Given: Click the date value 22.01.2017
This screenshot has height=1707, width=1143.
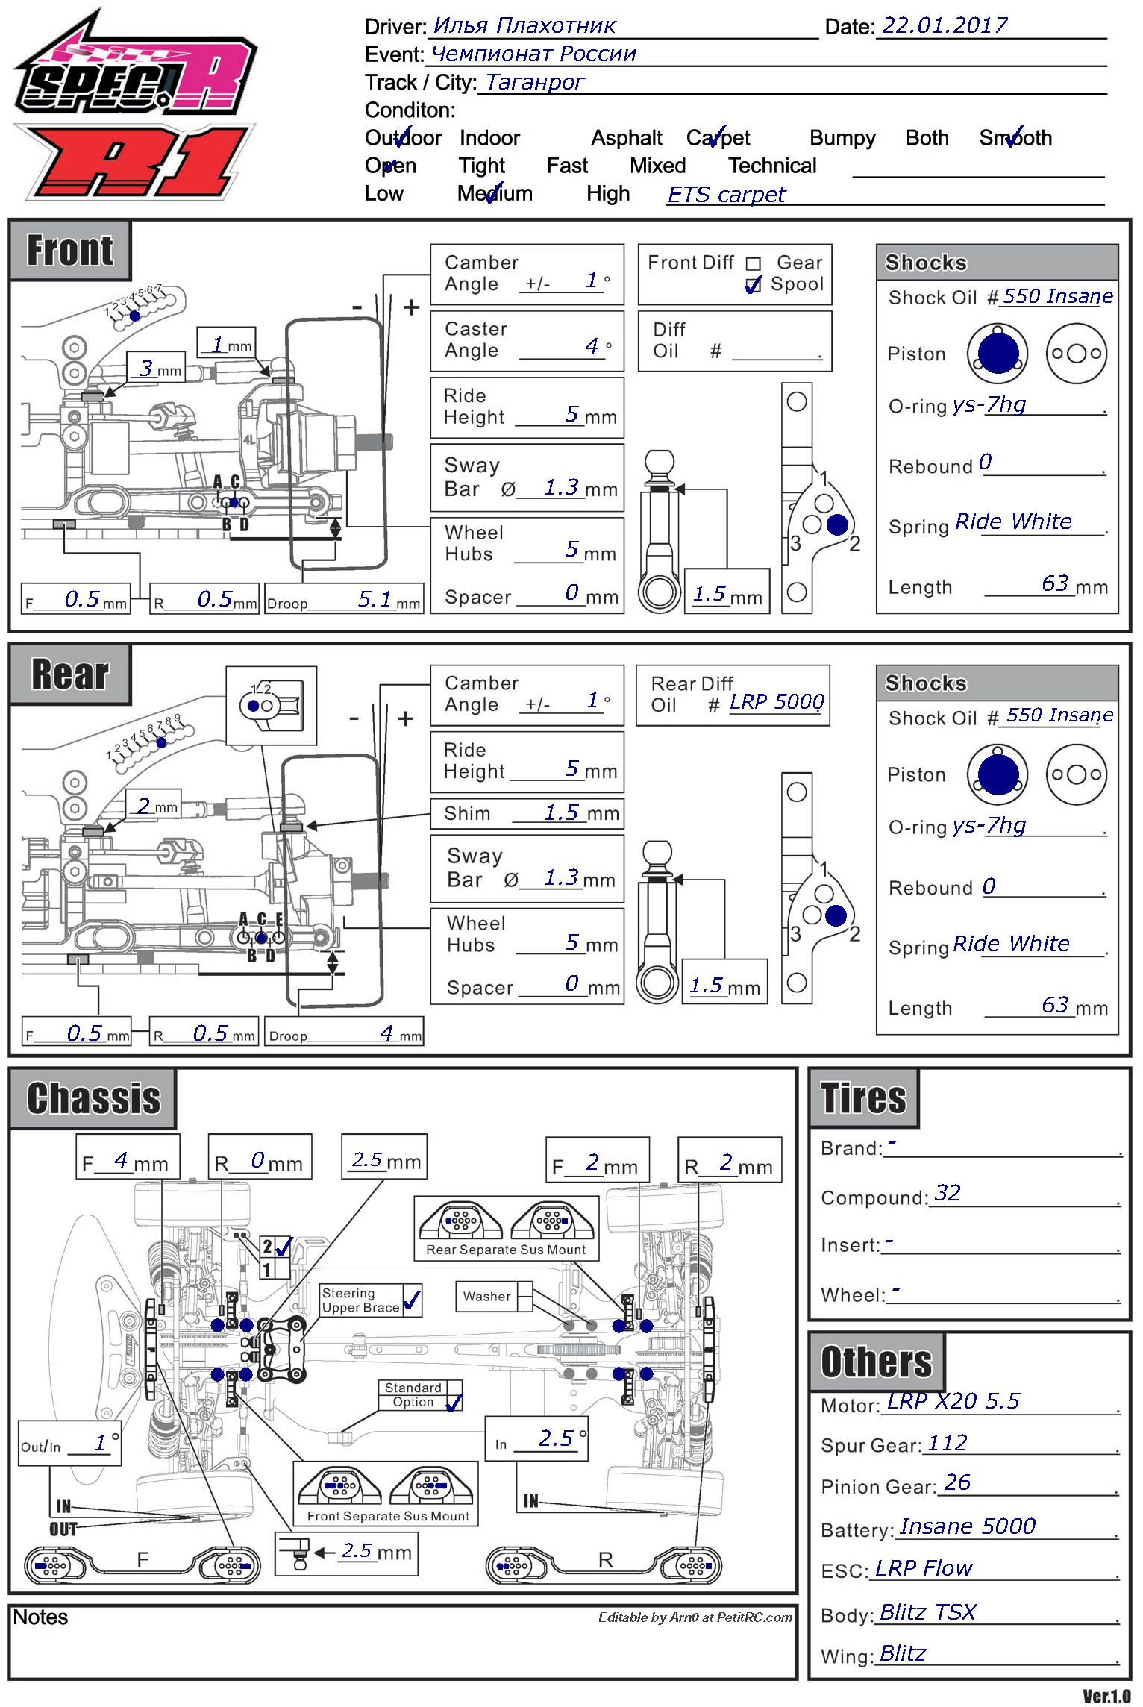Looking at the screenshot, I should coord(944,25).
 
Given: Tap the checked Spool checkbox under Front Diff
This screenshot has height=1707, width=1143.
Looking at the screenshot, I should coord(754,285).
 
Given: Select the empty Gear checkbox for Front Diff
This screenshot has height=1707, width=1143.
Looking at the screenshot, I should coord(754,263).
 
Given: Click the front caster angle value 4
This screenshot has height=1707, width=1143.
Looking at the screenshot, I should coord(591,346).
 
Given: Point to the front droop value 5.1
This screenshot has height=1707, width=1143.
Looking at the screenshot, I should coord(375,599).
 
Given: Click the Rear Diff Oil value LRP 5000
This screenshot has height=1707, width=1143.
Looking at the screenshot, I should coord(776,702).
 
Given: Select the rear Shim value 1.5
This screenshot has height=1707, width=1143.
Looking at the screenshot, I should coord(561,812).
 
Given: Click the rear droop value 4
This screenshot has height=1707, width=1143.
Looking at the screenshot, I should coord(386,1033).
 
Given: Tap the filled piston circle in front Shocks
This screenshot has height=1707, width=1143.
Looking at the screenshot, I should coord(998,353).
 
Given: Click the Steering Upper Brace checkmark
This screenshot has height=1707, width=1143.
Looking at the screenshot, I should coord(412,1301).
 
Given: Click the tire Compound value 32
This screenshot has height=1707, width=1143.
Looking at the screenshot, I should coord(947,1193).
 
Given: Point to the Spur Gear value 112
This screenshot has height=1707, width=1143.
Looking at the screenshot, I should coord(946,1443).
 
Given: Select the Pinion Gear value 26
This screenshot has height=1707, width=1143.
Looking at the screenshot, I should coord(956,1482).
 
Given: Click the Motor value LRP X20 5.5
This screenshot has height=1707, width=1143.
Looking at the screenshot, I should coord(953,1401).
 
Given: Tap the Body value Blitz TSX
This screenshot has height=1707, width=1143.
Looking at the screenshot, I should coord(927,1612).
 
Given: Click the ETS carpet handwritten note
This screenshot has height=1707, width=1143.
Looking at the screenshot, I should coord(726,195).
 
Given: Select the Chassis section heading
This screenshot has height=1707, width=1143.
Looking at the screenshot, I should coord(93,1098).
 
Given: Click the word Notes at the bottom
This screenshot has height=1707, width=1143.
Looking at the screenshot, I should coord(40,1617).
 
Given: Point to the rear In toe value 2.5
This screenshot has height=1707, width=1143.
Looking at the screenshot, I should coord(556,1438).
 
